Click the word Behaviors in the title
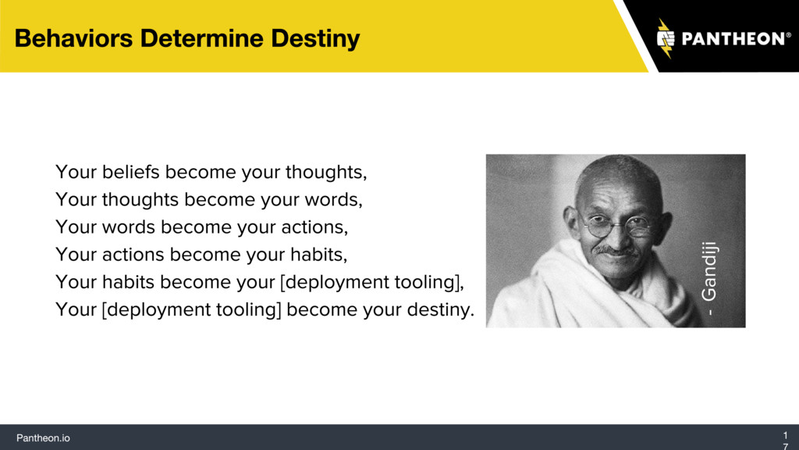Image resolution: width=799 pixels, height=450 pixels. [73, 38]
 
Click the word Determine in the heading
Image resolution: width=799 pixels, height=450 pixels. [202, 38]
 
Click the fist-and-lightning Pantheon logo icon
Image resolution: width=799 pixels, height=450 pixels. [666, 38]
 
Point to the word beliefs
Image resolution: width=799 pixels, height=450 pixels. [131, 172]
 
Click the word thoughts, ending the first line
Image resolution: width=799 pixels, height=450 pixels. [326, 173]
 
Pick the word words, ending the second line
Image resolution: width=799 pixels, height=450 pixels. [334, 199]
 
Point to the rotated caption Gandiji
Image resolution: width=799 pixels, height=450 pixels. [708, 278]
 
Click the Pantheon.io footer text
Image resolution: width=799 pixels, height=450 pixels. [44, 437]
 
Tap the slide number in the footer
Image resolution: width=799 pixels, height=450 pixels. [785, 441]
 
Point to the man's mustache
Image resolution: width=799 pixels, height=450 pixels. [616, 251]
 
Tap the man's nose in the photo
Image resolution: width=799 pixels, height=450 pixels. [618, 237]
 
